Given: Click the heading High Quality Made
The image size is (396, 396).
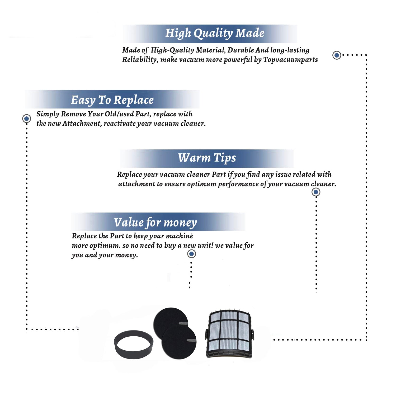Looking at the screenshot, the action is click(x=215, y=34).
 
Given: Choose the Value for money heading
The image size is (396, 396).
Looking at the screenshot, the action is click(x=155, y=223).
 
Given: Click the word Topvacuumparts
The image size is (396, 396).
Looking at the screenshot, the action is click(x=290, y=60).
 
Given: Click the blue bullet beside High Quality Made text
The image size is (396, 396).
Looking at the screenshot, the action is click(x=337, y=55).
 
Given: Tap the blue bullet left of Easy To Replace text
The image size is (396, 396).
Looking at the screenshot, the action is click(x=27, y=119).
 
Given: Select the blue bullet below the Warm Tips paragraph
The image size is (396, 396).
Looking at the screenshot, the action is click(x=316, y=192).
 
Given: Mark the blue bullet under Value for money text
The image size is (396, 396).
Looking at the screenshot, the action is click(x=192, y=254).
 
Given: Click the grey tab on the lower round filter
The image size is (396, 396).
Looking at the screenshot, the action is click(x=192, y=340).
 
